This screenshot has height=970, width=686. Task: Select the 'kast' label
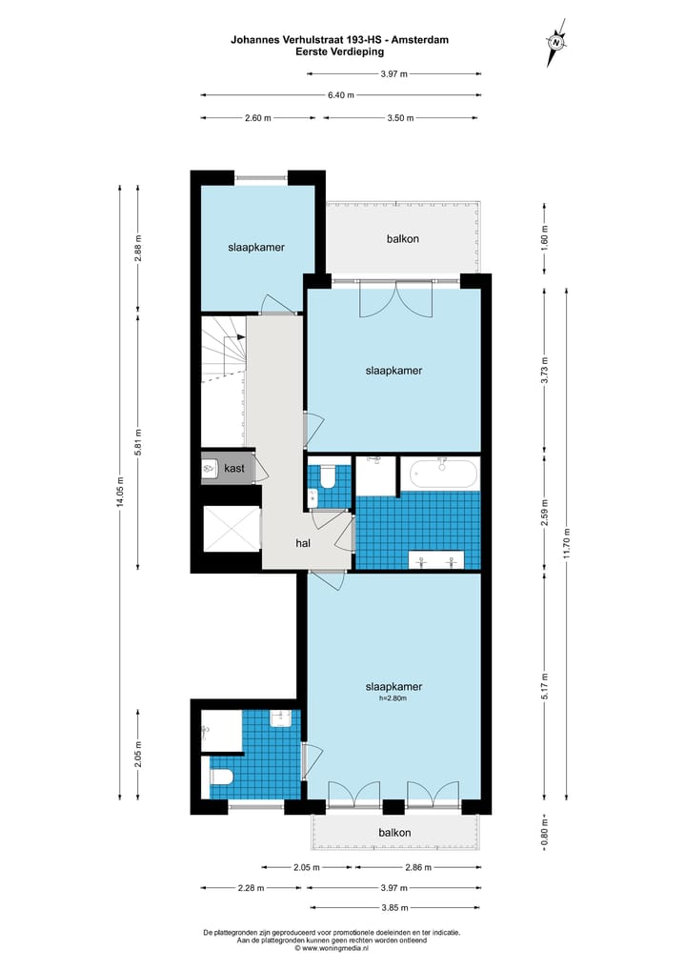[x=234, y=468]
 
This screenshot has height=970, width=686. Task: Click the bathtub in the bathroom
[x=441, y=473]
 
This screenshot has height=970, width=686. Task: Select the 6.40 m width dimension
[x=340, y=95]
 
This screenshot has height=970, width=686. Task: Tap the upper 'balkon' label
[x=402, y=239]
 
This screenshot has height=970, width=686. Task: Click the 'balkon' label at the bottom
[x=393, y=832]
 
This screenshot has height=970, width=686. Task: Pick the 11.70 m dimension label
[x=567, y=545]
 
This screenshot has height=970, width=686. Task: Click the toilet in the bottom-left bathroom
[x=221, y=777]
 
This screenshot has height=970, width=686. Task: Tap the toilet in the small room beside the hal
[x=326, y=473]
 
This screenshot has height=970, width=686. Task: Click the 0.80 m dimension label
[x=544, y=832]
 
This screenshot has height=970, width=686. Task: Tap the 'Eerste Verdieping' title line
[x=340, y=53]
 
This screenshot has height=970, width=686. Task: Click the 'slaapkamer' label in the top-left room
[x=256, y=247]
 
